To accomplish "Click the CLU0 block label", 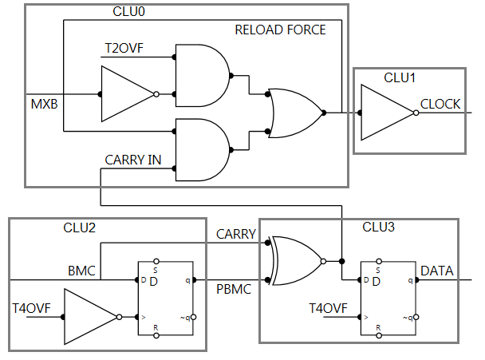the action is (x=128, y=12).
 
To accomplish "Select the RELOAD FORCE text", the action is (x=280, y=30).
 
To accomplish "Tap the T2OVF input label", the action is (x=124, y=48).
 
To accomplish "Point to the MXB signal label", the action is (x=44, y=104).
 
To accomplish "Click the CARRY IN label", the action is (x=133, y=160).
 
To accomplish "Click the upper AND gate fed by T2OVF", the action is (x=203, y=76).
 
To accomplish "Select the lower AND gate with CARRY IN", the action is (x=203, y=150).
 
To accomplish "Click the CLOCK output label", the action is (x=440, y=104).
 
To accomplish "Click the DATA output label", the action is (x=437, y=271).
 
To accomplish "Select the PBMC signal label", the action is (x=234, y=290).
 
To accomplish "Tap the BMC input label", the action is (x=81, y=271).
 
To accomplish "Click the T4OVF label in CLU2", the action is (x=31, y=308).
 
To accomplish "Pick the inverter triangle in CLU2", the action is (x=90, y=317).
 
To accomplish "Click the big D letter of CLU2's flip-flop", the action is (x=154, y=282).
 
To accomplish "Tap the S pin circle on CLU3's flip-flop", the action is (x=379, y=262).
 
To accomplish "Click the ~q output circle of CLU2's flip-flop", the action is (x=194, y=317).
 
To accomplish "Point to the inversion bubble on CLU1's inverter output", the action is (x=416, y=113).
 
